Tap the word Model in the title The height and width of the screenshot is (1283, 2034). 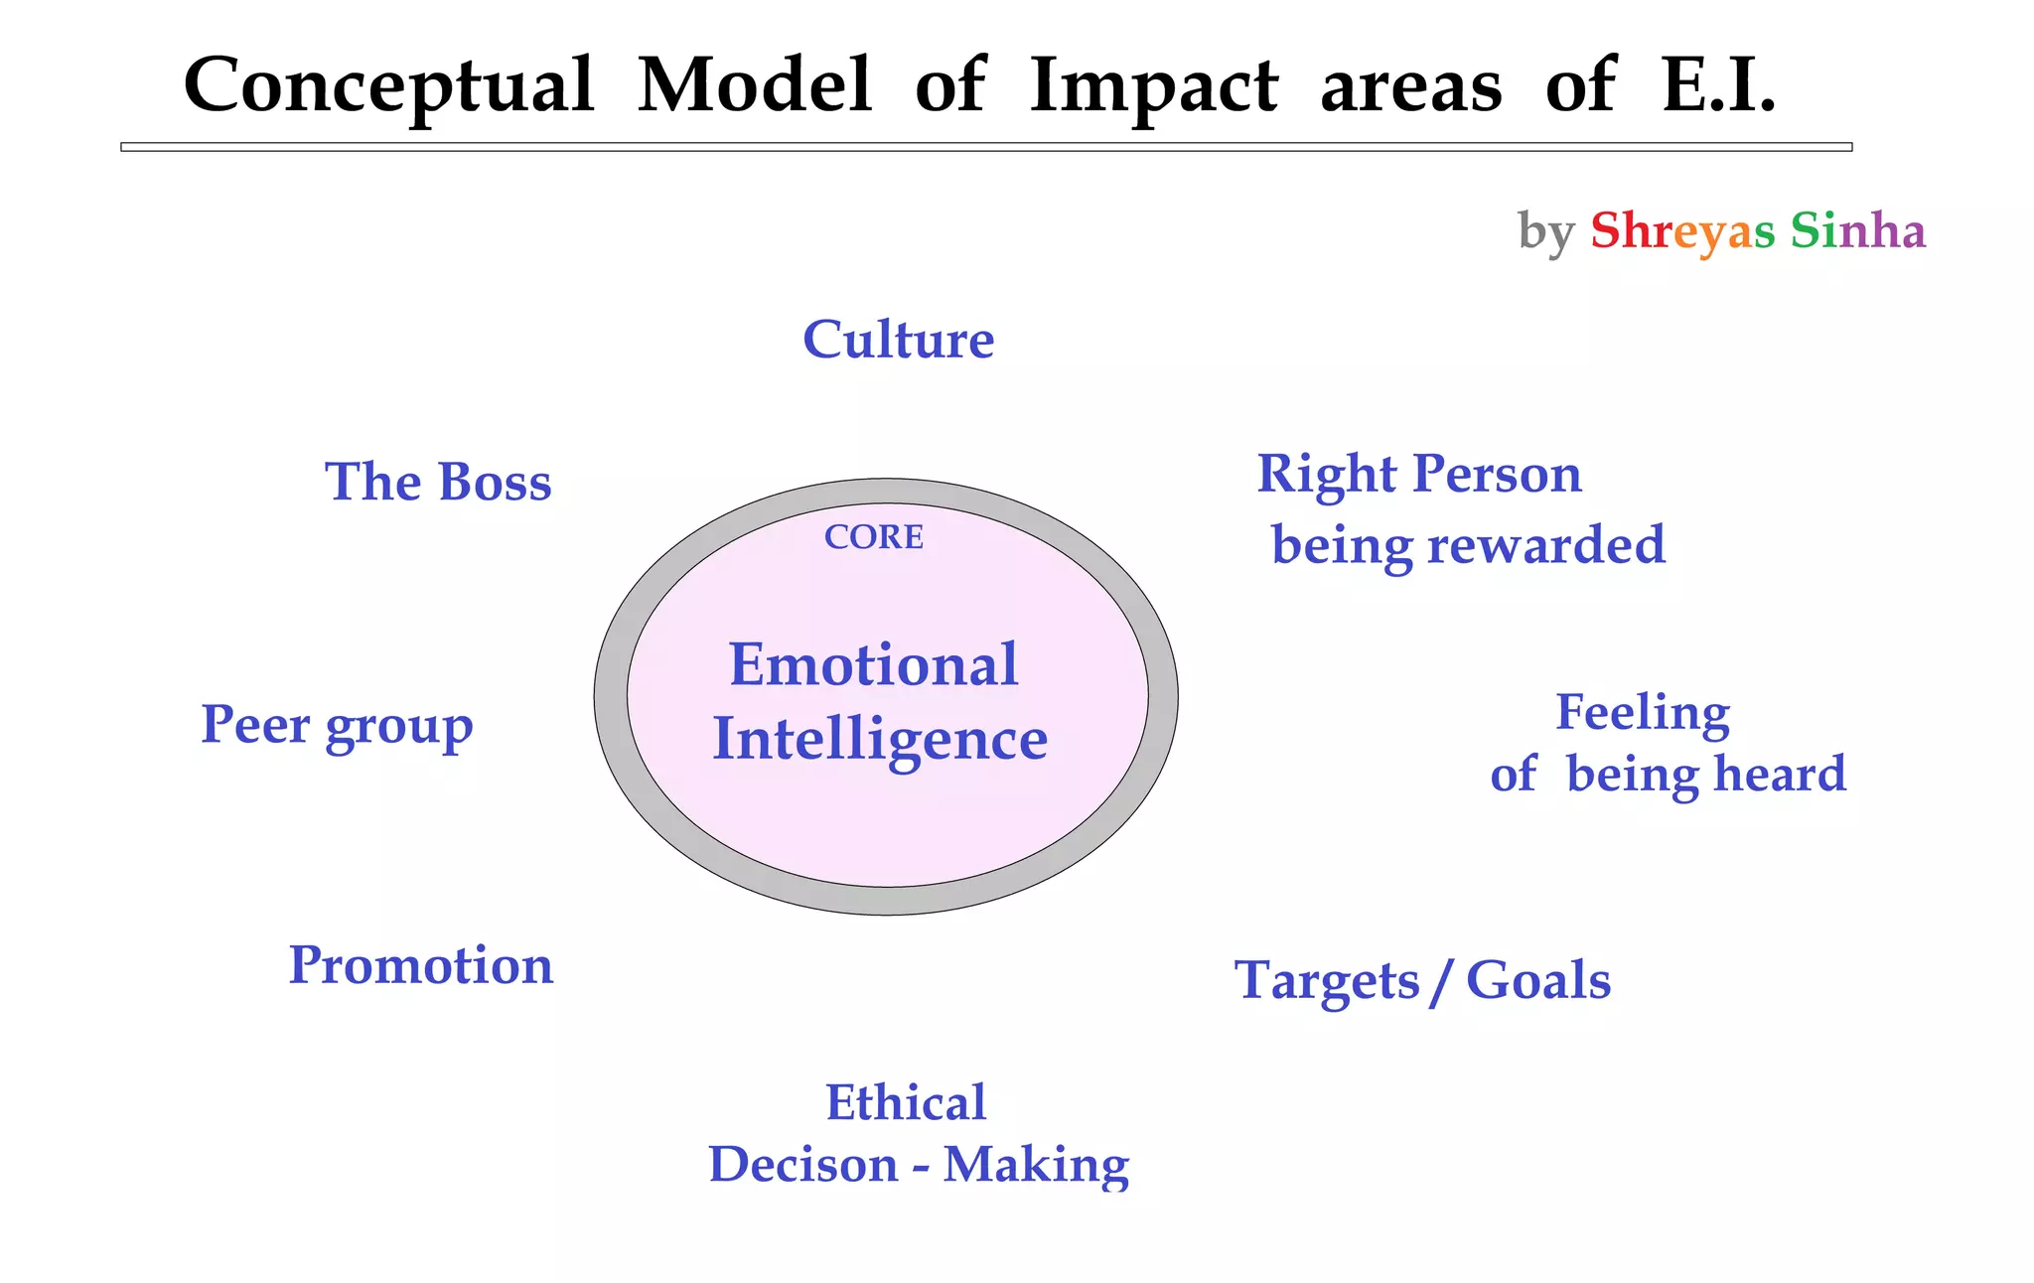[x=754, y=85]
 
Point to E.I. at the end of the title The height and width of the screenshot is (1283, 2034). [x=1718, y=85]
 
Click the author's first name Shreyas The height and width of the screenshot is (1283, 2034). [x=1681, y=231]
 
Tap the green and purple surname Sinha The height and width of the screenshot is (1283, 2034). [x=1857, y=230]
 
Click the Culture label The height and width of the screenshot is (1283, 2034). [x=898, y=340]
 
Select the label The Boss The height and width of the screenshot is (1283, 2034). [x=438, y=483]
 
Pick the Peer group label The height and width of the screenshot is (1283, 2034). [x=337, y=725]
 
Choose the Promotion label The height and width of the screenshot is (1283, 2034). [x=420, y=965]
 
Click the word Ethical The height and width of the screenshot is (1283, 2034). [x=906, y=1102]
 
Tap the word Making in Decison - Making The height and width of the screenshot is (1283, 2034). [x=1036, y=1165]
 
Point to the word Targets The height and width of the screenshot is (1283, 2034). [x=1327, y=981]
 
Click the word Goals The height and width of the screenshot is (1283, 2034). [x=1537, y=981]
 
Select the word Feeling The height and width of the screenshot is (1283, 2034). [x=1643, y=713]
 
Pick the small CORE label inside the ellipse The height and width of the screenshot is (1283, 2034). [x=874, y=537]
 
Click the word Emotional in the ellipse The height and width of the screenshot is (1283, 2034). [x=873, y=664]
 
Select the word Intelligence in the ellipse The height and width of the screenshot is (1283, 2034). [x=880, y=741]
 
